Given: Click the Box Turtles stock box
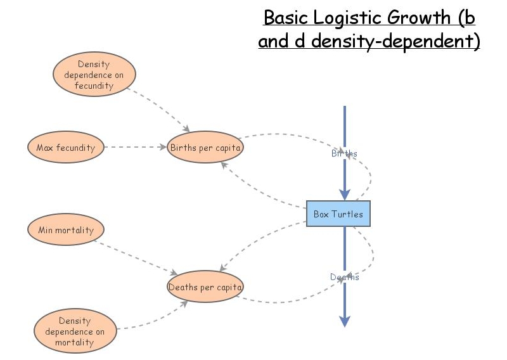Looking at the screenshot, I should (338, 214).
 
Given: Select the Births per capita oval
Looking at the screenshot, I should (206, 148).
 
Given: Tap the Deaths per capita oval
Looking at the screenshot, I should (205, 287).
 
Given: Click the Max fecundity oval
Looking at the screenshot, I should (65, 148).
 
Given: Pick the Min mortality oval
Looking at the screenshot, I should (65, 230).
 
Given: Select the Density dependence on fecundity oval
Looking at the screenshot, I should (93, 75).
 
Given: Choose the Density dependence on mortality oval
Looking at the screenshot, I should (75, 331).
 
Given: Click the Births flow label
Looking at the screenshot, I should (344, 153).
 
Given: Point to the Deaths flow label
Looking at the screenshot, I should (344, 277).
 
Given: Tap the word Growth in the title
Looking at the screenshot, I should (421, 17).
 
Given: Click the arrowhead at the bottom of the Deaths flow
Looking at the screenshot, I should (344, 321).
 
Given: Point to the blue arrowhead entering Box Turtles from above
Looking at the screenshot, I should (344, 194).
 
